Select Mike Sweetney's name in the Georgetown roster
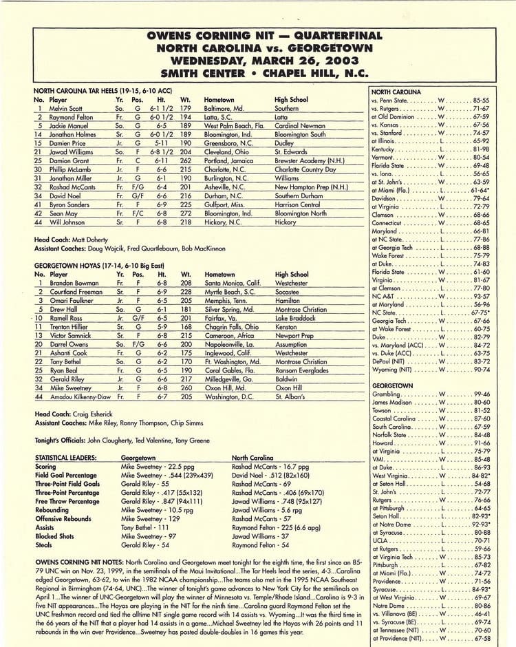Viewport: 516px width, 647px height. coord(72,388)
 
